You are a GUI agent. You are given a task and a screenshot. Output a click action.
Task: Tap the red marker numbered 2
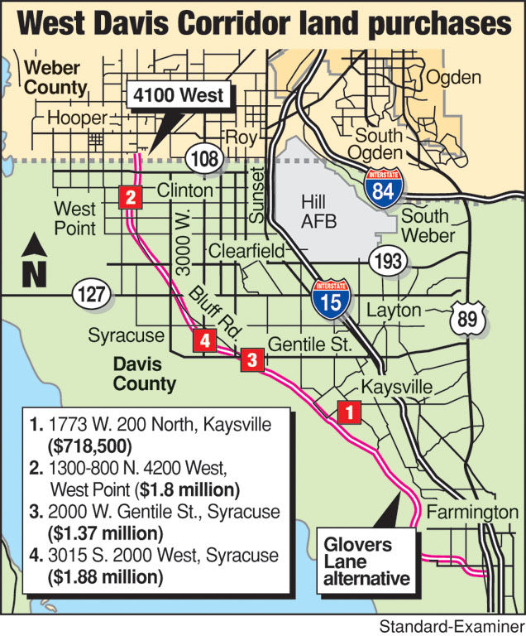[x=131, y=197]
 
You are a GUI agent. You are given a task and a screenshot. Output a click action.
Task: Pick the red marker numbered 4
[x=204, y=340]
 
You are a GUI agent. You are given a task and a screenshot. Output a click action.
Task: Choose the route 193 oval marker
[x=387, y=262]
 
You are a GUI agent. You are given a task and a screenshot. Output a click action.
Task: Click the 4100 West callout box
[x=178, y=95]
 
